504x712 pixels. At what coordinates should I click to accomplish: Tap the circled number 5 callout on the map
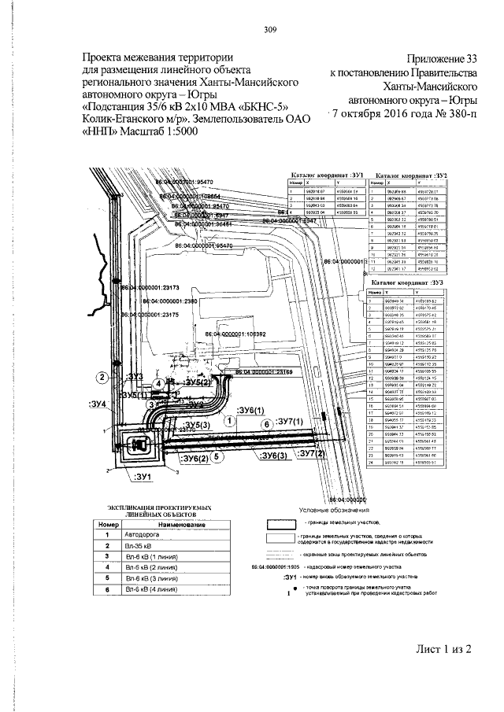218,455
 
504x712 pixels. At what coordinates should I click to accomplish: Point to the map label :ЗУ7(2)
306,455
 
